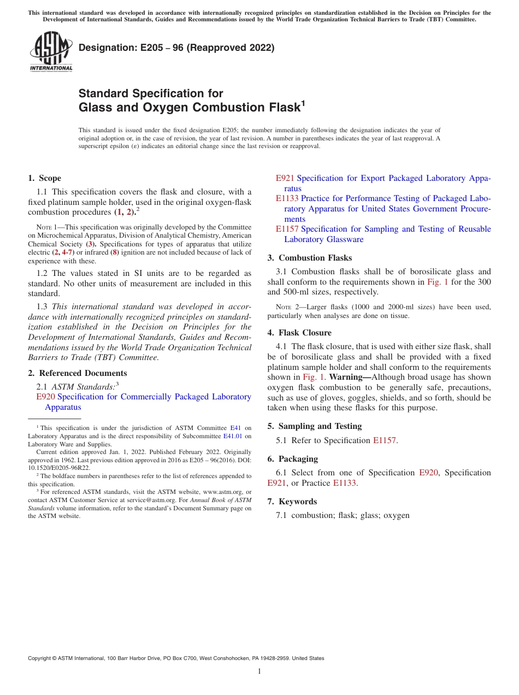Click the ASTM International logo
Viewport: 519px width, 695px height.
pos(51,51)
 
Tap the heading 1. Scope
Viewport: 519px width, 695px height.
pos(44,178)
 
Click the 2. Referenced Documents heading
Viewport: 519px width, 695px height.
pos(77,373)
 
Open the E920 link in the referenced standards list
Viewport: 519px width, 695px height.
pos(45,397)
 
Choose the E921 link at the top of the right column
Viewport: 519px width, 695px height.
pos(285,178)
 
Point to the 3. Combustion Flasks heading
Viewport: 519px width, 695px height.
pos(309,258)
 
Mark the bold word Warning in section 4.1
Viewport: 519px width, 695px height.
pos(350,377)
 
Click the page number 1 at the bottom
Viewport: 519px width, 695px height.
pos(259,672)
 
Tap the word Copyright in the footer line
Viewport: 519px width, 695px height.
pos(40,658)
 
